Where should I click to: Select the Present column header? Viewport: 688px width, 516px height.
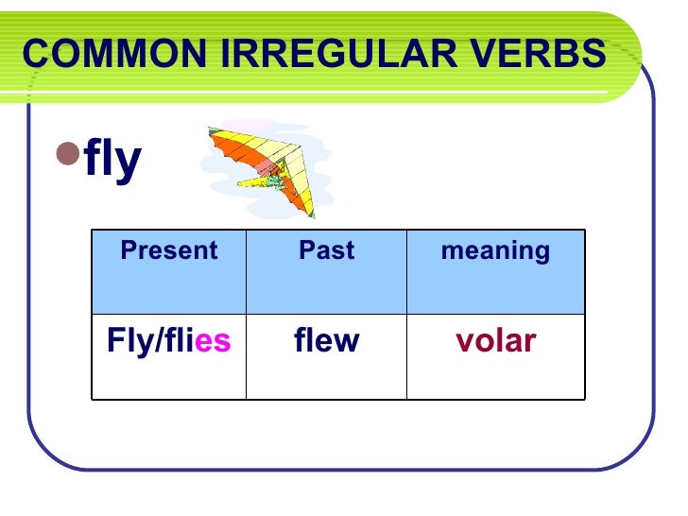[169, 251]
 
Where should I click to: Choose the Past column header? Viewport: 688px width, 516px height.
[326, 251]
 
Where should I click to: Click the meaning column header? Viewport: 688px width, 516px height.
[495, 251]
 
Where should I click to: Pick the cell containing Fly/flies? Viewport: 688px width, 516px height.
[169, 341]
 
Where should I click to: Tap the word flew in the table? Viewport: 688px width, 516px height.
[326, 341]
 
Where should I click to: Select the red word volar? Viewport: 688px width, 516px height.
[495, 341]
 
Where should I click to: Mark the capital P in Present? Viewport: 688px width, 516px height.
[128, 251]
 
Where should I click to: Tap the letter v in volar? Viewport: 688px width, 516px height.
[464, 342]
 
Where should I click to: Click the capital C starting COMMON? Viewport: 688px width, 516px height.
[35, 54]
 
